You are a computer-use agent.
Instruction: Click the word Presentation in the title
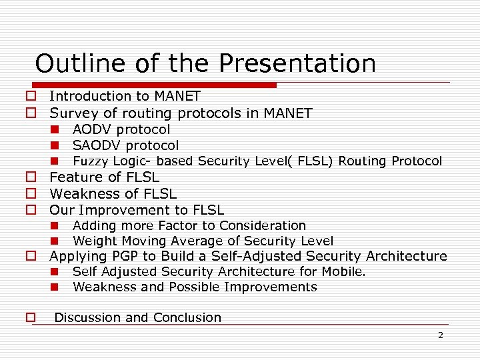pyautogui.click(x=297, y=63)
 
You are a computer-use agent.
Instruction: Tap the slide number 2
pyautogui.click(x=440, y=335)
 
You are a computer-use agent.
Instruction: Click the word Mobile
pyautogui.click(x=345, y=272)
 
